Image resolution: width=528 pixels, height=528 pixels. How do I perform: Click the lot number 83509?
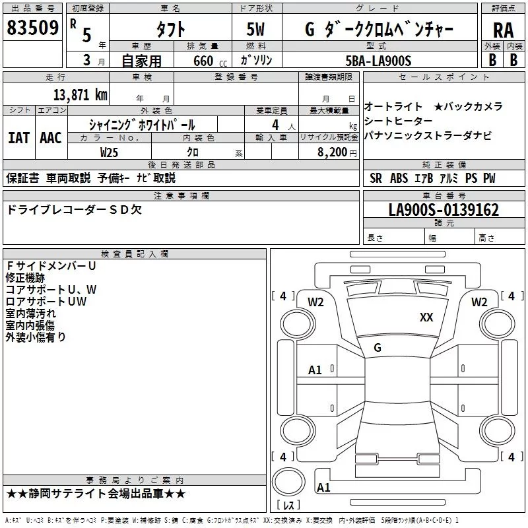point(32,28)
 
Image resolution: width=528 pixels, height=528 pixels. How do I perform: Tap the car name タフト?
point(170,29)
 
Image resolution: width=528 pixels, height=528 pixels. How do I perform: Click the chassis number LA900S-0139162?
point(444,211)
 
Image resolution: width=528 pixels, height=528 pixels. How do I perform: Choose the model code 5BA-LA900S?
point(378,61)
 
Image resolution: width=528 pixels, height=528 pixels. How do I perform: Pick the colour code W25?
point(110,152)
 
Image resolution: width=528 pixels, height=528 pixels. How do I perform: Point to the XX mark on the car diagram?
point(426,317)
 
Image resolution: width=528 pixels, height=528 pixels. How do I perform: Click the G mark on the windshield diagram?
point(377,348)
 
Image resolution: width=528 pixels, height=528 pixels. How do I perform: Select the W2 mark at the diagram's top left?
point(315,302)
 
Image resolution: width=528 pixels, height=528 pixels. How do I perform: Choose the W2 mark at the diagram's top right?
point(478,302)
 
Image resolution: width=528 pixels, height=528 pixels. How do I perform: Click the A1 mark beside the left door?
point(315,370)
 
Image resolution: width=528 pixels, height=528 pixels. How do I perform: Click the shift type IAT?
point(18,138)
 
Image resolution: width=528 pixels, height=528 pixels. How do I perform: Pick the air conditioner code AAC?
point(50,138)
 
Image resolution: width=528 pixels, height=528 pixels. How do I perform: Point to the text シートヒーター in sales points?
point(399,121)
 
